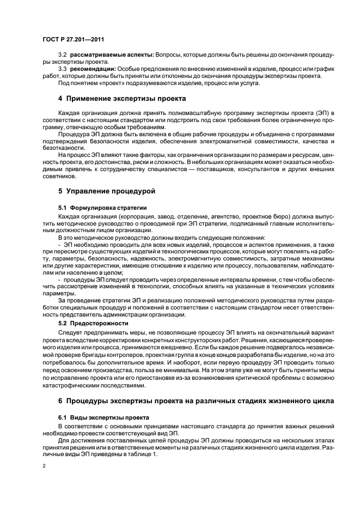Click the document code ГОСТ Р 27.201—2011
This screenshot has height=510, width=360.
coord(74,39)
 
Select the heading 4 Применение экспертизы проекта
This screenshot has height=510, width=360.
coord(122,99)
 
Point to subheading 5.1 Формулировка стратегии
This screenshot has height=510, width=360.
coord(102,208)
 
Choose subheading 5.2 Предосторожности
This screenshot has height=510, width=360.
coord(93,323)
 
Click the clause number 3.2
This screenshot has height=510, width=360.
coord(62,56)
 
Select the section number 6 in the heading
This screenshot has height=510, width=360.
coord(61,402)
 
